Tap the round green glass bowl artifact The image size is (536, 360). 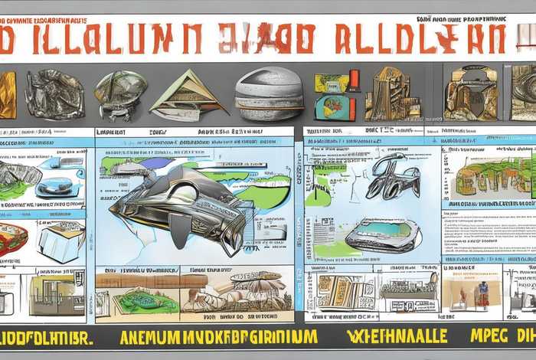tap(121, 91)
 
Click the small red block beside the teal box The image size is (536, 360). tap(354, 80)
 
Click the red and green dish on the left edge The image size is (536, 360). tap(11, 239)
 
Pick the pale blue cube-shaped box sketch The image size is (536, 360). tap(61, 242)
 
